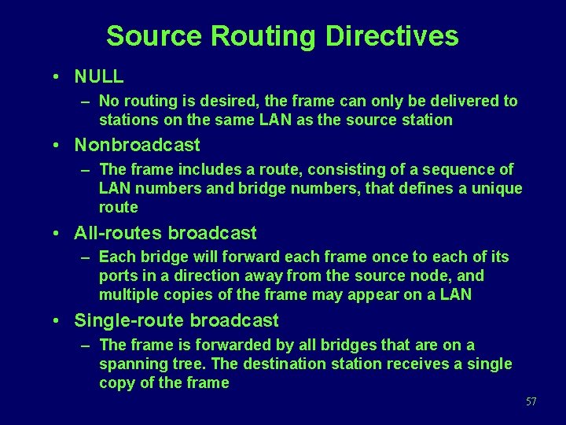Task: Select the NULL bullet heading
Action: pos(99,76)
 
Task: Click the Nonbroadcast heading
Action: pos(137,145)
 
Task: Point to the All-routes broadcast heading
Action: pos(165,233)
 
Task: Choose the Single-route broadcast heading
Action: pos(176,320)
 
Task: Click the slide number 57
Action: pos(531,402)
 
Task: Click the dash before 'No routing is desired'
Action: pos(83,102)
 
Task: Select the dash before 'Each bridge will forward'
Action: pos(83,257)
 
